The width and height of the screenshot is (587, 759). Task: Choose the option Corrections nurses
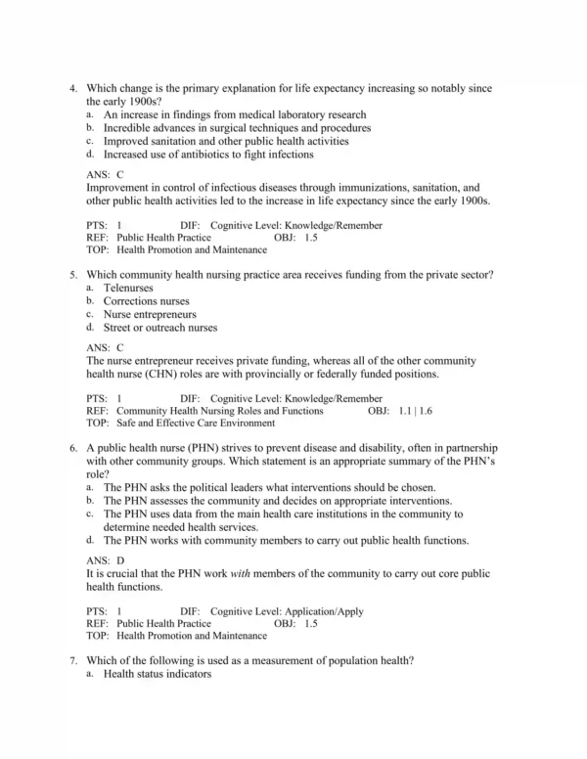pyautogui.click(x=146, y=301)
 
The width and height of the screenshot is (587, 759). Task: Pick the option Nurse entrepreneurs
pyautogui.click(x=149, y=315)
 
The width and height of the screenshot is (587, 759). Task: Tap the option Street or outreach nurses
pyautogui.click(x=159, y=328)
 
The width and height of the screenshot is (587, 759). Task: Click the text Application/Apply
pyautogui.click(x=322, y=611)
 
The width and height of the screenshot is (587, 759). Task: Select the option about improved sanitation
pyautogui.click(x=225, y=141)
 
